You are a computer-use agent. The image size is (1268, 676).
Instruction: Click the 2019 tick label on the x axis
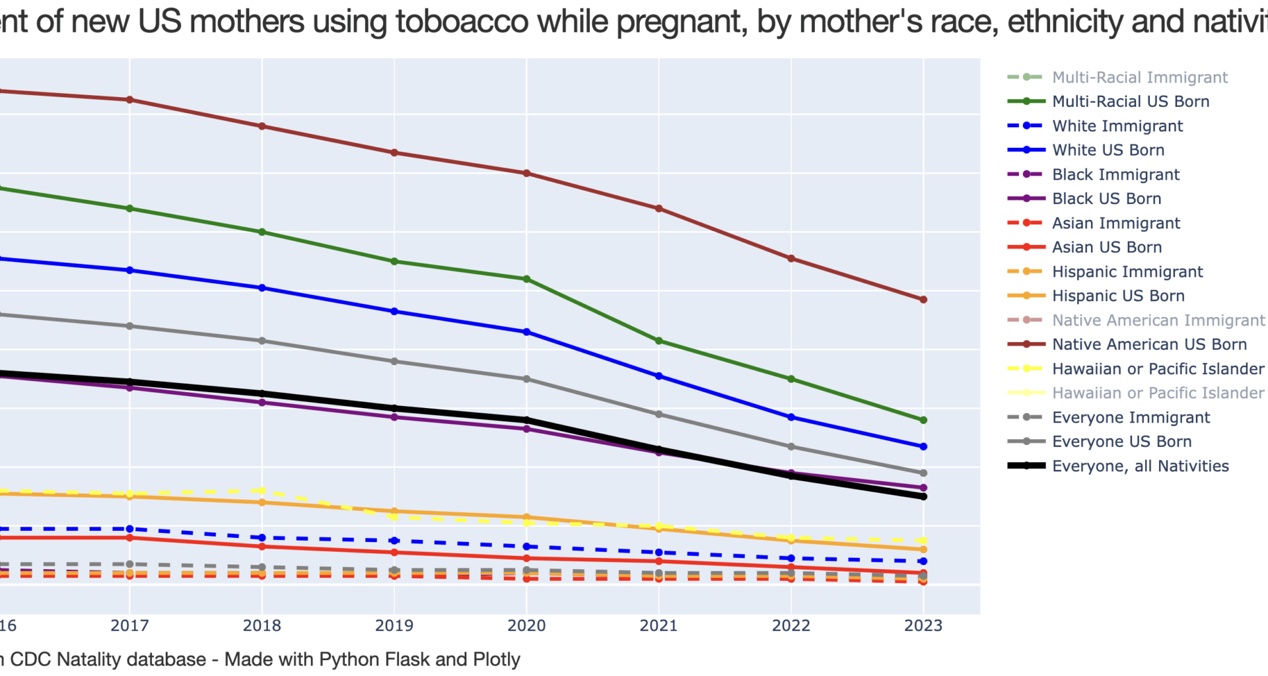click(394, 625)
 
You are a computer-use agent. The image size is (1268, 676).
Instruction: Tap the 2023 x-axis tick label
click(923, 625)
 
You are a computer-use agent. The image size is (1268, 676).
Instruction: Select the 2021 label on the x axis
click(658, 625)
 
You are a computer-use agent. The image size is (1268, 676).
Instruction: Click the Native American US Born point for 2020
click(526, 174)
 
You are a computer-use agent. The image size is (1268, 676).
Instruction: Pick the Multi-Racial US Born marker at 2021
click(658, 341)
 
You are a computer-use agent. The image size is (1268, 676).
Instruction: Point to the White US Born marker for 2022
click(791, 417)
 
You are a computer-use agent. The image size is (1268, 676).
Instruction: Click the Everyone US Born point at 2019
click(394, 361)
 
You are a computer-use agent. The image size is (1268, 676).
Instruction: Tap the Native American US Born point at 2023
click(923, 300)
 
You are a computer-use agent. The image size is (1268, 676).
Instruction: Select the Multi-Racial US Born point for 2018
click(262, 232)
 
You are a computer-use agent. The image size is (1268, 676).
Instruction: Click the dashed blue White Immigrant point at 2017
click(130, 529)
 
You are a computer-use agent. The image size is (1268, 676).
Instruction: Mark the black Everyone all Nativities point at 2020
click(526, 420)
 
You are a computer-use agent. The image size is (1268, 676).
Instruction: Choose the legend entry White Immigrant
click(1117, 125)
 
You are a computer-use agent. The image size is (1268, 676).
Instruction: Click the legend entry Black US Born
click(1106, 199)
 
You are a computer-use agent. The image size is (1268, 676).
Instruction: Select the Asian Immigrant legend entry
click(1115, 223)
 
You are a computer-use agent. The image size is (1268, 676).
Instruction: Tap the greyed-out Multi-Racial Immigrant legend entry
click(1139, 77)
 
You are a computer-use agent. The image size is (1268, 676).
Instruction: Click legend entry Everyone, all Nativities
click(1140, 466)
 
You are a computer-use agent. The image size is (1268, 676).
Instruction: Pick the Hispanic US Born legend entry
click(1117, 296)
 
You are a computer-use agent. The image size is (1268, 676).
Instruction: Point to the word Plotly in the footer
click(496, 659)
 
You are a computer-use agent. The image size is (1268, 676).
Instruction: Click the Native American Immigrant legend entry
click(1158, 320)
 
